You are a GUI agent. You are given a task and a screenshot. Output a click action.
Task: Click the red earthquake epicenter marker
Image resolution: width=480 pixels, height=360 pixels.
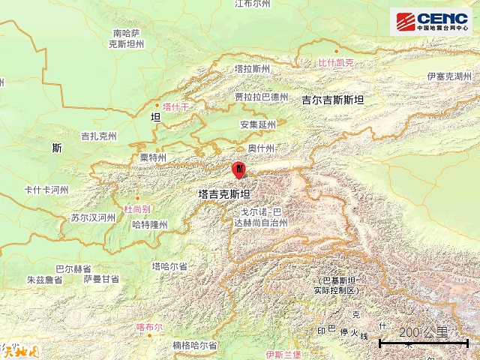pos(238,170)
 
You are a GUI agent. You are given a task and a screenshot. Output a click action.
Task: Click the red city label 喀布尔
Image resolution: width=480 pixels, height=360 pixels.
pos(149,327)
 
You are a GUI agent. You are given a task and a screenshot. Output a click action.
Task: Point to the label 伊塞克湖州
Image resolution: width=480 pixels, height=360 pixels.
pos(448,76)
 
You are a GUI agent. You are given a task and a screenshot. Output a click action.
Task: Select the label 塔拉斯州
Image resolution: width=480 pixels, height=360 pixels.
pos(252,68)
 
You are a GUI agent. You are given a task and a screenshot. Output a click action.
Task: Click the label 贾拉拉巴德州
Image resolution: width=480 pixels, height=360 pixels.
pos(261,97)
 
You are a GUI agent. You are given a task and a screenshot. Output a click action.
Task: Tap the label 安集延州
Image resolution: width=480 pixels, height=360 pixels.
pos(258,124)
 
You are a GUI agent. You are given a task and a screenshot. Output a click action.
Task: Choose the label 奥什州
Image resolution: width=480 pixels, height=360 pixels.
pos(262,148)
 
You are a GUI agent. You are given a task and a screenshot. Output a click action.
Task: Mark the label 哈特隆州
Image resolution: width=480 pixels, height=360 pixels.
pos(149,224)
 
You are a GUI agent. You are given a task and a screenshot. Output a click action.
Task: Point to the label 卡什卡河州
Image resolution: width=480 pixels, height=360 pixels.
pos(46,190)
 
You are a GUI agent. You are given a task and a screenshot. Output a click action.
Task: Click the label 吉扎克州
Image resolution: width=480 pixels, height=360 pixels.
pos(99,136)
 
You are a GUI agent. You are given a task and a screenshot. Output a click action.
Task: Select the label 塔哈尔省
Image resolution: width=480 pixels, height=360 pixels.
pos(169,266)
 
